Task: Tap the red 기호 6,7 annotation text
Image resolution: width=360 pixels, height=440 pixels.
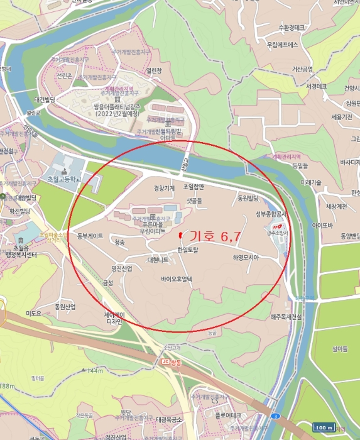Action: (215, 237)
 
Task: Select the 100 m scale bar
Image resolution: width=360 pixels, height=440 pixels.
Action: (324, 427)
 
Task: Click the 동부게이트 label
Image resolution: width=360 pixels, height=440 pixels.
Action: (90, 236)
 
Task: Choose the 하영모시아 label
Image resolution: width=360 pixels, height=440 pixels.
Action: (245, 257)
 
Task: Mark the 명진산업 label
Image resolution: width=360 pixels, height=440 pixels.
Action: (122, 268)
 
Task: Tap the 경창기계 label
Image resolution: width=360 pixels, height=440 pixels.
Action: (165, 187)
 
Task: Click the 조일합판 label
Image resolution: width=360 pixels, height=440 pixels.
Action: (194, 187)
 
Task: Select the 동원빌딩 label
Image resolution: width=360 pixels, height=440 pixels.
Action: (248, 198)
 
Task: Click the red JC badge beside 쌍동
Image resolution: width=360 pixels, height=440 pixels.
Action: (166, 361)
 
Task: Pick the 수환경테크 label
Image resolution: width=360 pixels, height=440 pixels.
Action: (291, 28)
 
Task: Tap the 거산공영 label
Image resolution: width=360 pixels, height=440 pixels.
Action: (302, 69)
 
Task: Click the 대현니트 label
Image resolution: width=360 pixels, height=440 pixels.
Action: (158, 260)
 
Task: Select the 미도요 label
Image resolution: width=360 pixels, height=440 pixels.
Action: (33, 312)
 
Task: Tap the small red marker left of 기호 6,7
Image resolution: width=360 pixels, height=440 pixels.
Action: (181, 235)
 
